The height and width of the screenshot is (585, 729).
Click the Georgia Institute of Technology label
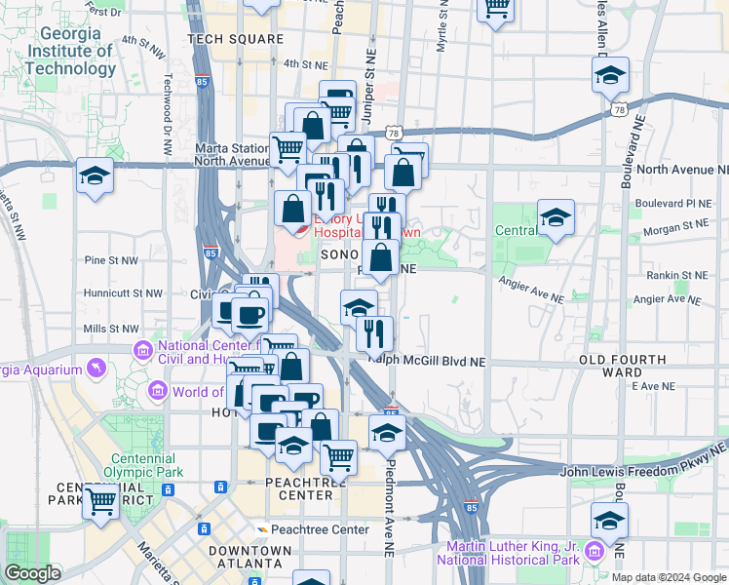coord(70,51)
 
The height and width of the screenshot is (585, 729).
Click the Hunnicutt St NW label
coord(123,292)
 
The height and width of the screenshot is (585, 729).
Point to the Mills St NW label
coord(112,330)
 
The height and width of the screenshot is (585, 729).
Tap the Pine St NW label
coord(109,260)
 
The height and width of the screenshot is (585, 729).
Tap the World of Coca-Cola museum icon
coord(156,392)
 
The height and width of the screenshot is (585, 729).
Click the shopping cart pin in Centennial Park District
coord(101,501)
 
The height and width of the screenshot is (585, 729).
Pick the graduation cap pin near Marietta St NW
coord(95,175)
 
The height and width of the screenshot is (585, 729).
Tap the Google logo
coord(33,574)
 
